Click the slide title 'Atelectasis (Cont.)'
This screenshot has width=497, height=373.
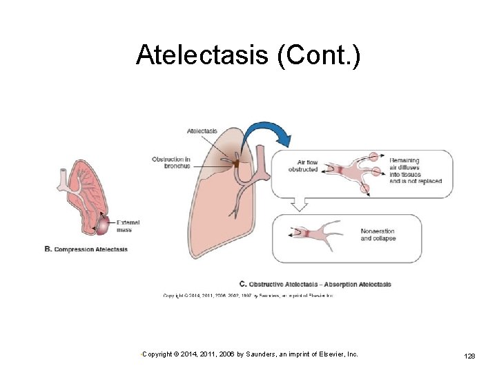[248, 55]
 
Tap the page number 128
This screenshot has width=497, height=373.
[469, 355]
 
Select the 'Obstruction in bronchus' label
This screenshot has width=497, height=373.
[171, 162]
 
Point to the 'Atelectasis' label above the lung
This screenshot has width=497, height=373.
[202, 131]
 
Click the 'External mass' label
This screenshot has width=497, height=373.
[128, 226]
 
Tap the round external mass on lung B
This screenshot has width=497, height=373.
[101, 224]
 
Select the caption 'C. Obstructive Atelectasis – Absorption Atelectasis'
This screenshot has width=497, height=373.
[315, 284]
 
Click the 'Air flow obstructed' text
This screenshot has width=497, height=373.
[304, 166]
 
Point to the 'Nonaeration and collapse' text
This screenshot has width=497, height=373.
[378, 235]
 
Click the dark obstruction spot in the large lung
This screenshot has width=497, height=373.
[235, 164]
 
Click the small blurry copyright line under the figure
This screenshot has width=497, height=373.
[248, 296]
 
